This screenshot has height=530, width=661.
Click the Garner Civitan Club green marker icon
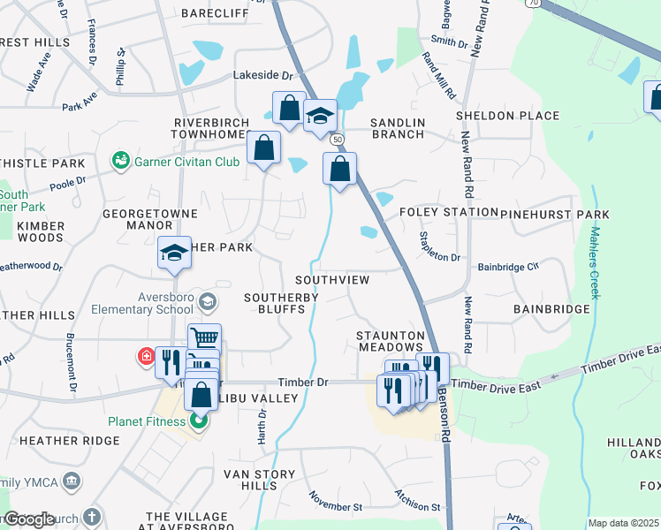(x=119, y=161)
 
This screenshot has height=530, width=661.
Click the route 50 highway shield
(x=337, y=140)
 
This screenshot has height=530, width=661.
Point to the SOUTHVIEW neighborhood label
(x=331, y=279)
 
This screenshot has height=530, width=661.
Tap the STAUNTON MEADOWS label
(x=391, y=342)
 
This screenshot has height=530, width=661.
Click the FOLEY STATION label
(x=448, y=213)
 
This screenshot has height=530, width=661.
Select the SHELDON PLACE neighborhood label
(x=507, y=116)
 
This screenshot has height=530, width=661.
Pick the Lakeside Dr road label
(x=262, y=76)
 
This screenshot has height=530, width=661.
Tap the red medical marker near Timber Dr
(x=145, y=357)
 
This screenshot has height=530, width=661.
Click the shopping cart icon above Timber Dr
(x=204, y=337)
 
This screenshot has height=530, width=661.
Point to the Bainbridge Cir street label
(x=507, y=266)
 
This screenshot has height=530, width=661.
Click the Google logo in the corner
(x=28, y=519)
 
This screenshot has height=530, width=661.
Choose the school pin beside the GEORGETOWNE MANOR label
(x=174, y=254)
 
